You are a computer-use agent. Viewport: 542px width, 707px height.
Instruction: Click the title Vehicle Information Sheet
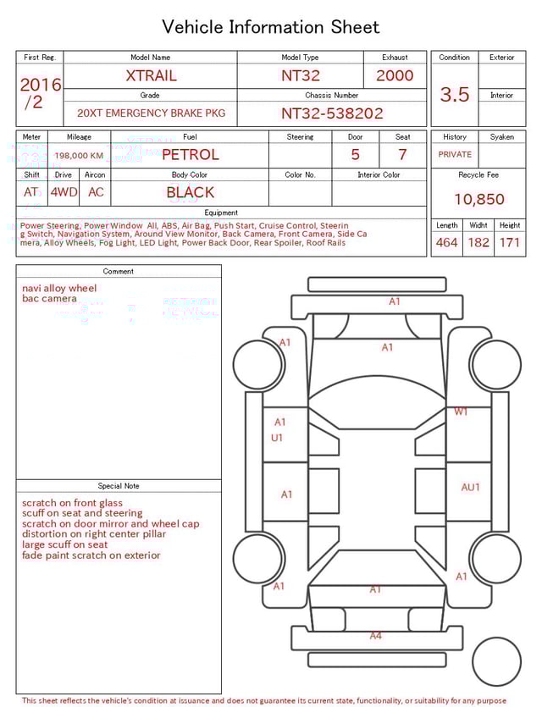(271, 27)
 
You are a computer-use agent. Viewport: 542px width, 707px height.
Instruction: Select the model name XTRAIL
(151, 75)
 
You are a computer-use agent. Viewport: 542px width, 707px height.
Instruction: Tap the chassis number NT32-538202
(332, 113)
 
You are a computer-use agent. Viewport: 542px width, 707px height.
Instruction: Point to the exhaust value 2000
(395, 75)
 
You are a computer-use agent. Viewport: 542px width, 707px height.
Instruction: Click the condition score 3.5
(455, 95)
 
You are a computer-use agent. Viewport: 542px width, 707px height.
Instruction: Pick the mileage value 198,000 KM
(79, 156)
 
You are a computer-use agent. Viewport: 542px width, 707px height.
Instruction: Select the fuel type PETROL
(190, 155)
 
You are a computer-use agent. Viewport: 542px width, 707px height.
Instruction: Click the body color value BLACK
(190, 192)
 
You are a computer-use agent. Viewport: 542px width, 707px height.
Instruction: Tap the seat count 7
(402, 155)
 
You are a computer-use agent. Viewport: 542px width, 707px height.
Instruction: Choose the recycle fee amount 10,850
(478, 200)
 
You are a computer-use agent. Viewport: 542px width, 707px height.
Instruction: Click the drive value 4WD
(64, 192)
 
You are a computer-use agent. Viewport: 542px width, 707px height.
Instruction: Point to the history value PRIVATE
(455, 155)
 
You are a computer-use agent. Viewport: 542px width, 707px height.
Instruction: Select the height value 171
(509, 243)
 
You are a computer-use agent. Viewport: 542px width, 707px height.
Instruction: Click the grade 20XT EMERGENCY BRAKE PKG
(151, 113)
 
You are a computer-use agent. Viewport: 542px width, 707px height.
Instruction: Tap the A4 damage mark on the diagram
(376, 636)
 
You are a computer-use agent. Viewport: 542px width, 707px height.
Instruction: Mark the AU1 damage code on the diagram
(470, 487)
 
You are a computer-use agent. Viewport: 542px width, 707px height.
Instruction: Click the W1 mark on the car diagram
(461, 412)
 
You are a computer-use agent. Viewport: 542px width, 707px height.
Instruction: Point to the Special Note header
(119, 486)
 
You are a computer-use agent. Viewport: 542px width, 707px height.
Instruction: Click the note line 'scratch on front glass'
(72, 503)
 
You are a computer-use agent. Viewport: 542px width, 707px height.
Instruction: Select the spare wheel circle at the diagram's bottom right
(496, 662)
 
